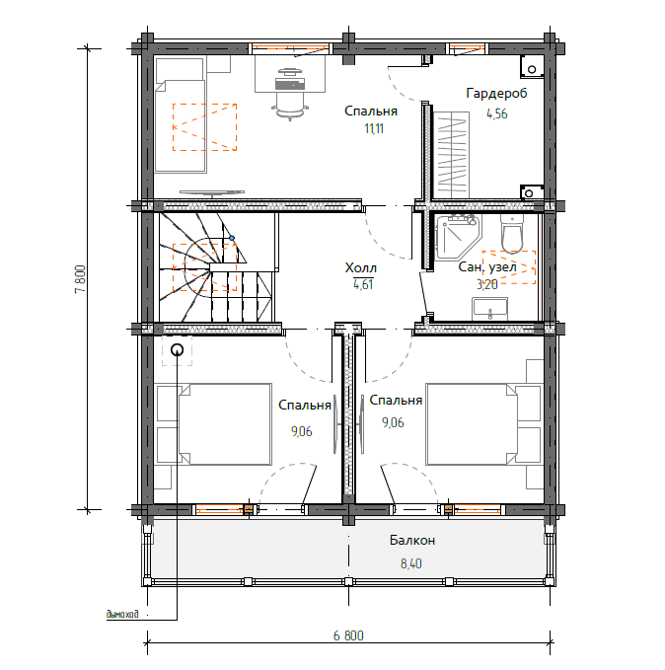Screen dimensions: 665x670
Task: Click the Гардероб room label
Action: coord(496,94)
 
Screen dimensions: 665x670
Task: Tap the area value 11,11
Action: coord(374,128)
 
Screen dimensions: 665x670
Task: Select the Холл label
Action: coord(361,268)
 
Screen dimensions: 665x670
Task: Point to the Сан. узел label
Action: coord(487,267)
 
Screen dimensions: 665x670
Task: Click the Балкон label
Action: coord(412,540)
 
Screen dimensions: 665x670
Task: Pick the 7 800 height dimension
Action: coord(80,279)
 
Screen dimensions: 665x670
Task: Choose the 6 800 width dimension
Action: coord(348,635)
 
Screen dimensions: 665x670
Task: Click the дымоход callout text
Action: coord(122,614)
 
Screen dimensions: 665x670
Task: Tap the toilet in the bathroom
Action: coord(512,234)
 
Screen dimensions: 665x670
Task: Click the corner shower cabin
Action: coord(457,236)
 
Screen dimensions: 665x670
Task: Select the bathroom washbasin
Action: coord(489,309)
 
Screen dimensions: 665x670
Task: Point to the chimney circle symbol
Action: coord(177,350)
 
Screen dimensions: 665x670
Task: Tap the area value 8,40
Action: coord(411,563)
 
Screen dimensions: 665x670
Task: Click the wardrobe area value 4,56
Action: coord(496,113)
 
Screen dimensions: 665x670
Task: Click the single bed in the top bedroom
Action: coord(181,125)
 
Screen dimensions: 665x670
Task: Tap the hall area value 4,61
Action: coord(363,284)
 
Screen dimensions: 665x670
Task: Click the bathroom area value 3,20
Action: coord(487,284)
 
